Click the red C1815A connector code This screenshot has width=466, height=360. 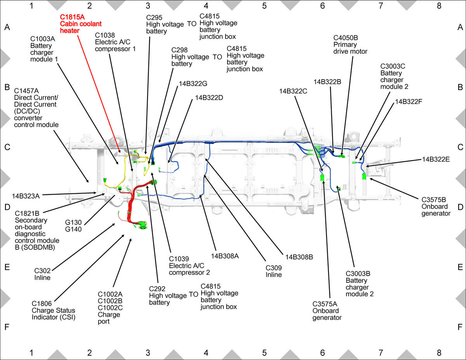[72, 17]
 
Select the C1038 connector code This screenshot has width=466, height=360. [104, 35]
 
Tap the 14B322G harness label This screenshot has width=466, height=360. [193, 83]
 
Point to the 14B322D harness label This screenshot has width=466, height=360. [209, 98]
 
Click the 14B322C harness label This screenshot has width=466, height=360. [293, 91]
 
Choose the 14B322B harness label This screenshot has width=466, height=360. [327, 82]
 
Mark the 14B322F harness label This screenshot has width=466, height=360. [409, 101]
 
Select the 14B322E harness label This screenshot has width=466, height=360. [436, 159]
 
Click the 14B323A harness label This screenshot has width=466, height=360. [26, 196]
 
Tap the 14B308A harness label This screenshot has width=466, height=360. [225, 256]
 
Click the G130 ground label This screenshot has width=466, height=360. [73, 223]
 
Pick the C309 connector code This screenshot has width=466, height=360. [273, 268]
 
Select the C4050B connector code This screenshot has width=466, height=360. [346, 38]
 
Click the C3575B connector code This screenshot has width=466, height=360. [434, 200]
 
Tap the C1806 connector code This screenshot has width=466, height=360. [42, 304]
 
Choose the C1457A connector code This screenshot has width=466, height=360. [26, 91]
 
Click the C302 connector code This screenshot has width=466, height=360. [42, 271]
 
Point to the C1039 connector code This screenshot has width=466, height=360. [179, 259]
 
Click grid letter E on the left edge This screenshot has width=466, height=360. [7, 267]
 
